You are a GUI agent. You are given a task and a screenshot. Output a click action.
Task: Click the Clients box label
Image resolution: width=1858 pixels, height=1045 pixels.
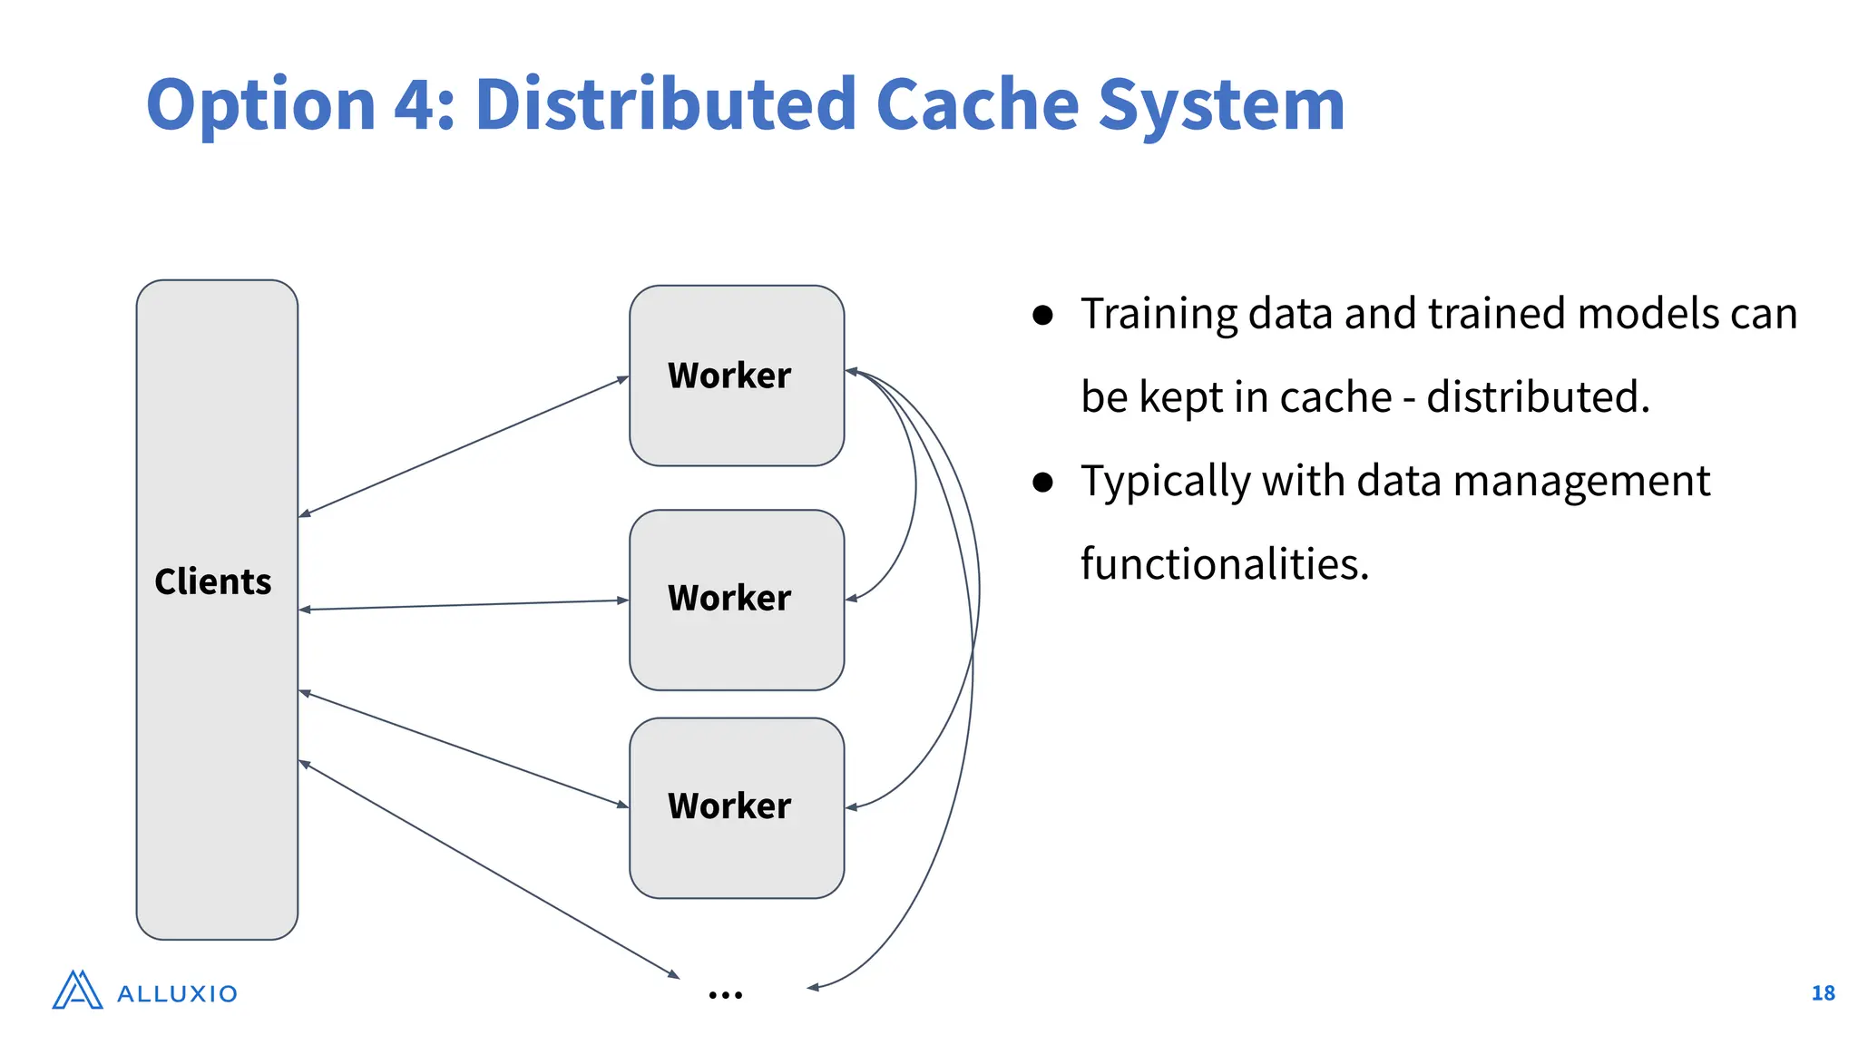[x=213, y=581]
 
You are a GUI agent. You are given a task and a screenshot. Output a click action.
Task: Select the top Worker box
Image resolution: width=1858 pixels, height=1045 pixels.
[x=736, y=376]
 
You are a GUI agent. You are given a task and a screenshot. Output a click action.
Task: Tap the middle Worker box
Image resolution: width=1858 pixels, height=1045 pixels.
[x=736, y=599]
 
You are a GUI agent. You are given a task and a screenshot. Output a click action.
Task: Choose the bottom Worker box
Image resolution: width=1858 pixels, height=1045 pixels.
[x=736, y=806]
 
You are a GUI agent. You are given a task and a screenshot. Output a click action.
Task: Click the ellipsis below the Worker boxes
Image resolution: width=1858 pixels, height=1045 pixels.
[x=725, y=995]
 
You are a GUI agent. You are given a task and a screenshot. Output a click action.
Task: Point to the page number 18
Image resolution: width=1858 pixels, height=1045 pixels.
[x=1823, y=993]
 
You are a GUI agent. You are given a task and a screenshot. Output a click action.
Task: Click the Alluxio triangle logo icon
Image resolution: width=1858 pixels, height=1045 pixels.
[x=77, y=991]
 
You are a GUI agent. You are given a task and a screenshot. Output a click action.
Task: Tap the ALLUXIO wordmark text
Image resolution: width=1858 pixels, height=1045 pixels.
[x=178, y=994]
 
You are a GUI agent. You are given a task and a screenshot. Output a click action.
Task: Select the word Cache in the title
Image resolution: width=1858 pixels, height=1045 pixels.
[x=977, y=105]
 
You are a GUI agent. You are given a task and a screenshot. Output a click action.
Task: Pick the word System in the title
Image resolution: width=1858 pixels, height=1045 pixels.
[x=1221, y=105]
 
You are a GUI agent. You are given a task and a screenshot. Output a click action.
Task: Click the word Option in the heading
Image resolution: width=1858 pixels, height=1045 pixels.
[x=260, y=105]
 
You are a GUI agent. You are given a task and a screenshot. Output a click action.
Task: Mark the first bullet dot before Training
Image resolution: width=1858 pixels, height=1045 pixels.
[x=1042, y=315]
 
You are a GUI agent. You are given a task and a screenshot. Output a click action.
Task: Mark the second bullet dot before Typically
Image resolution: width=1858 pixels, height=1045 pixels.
[x=1042, y=482]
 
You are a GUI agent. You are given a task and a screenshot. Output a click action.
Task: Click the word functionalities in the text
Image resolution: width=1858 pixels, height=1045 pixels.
[x=1224, y=564]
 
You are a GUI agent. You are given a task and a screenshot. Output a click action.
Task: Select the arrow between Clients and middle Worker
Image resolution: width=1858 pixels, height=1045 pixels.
[x=463, y=605]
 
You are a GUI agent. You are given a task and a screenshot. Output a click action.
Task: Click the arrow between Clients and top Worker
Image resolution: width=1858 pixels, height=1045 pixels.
[x=463, y=446]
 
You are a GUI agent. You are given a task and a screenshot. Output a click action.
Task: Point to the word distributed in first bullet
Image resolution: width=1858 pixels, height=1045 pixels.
[x=1537, y=397]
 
